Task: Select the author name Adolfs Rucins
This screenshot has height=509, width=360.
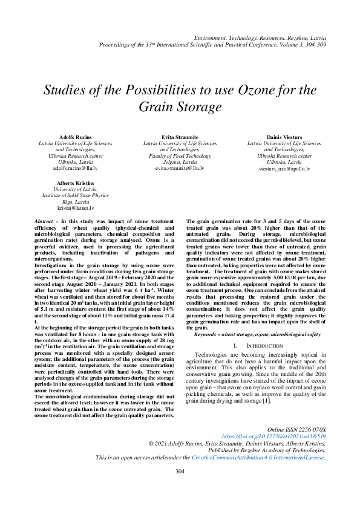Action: click(76, 138)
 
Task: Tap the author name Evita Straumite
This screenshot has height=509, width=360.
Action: click(180, 138)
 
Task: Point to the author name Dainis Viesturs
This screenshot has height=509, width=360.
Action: click(284, 138)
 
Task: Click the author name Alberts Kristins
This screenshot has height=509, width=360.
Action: click(76, 183)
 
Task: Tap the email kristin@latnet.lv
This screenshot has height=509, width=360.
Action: click(76, 207)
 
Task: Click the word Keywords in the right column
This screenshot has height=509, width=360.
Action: click(209, 334)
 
